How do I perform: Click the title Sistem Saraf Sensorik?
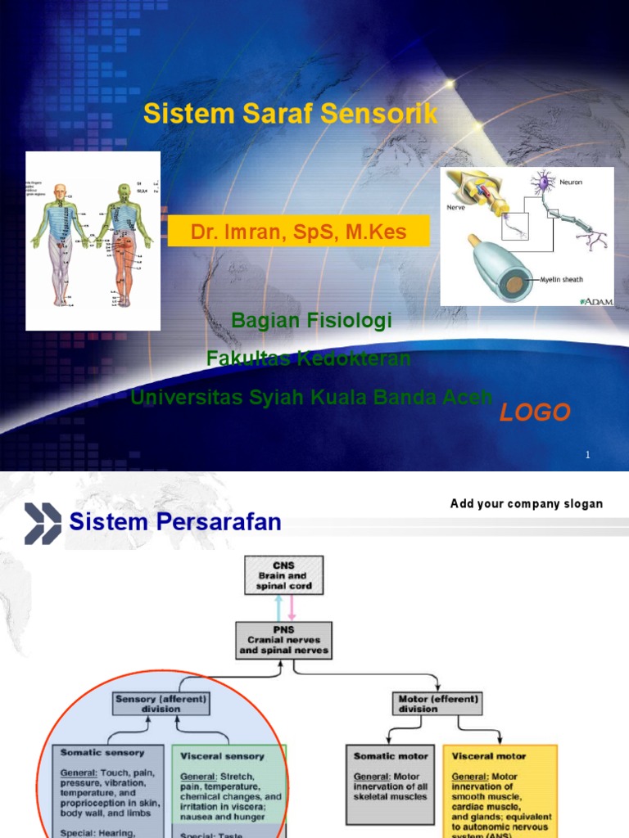coord(291,114)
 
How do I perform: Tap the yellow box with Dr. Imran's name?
coord(298,232)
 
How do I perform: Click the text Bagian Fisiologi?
coord(312,321)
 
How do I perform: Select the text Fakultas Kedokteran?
coord(309,358)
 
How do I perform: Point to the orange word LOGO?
coord(535,412)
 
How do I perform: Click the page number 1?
coord(587,455)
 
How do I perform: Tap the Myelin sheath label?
coord(561,280)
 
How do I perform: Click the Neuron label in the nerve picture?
coord(570,182)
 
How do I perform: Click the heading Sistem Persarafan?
coord(175,522)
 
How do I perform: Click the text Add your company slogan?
coord(526,503)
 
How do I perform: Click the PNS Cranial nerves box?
coord(283,639)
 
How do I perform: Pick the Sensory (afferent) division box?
coord(161,704)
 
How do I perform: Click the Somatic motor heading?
coord(391,756)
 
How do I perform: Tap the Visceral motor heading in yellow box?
coord(488,756)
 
